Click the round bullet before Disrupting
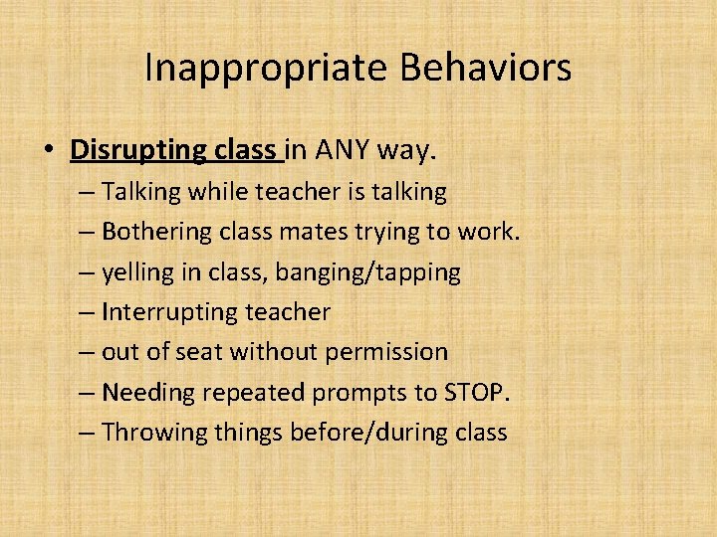[49, 151]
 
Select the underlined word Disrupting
[136, 150]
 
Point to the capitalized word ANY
[349, 150]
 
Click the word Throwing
[149, 433]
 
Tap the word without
[278, 352]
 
